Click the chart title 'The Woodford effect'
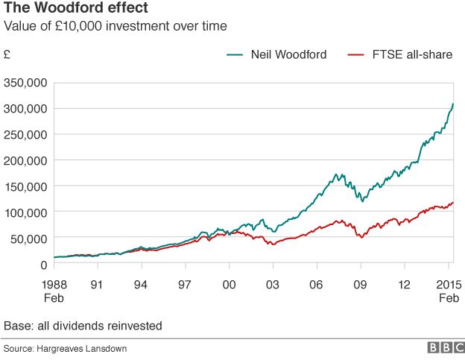(x=65, y=9)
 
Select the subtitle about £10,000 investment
(x=116, y=27)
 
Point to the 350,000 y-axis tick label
(x=27, y=82)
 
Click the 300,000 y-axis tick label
(x=27, y=108)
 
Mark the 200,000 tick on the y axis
(x=27, y=160)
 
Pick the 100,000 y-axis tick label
(x=27, y=212)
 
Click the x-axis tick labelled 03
(x=273, y=284)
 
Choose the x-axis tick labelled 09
(x=361, y=284)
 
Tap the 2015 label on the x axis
(x=447, y=284)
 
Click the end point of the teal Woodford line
(x=453, y=104)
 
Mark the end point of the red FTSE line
(x=453, y=202)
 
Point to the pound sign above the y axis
(x=7, y=54)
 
